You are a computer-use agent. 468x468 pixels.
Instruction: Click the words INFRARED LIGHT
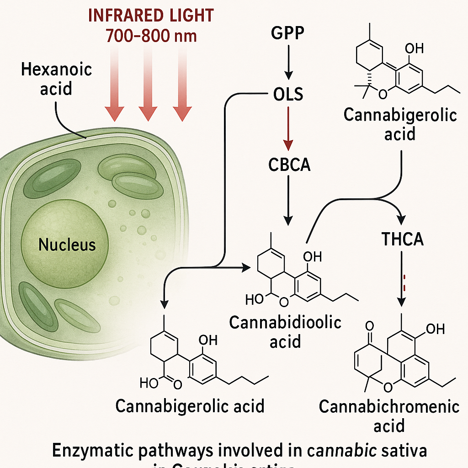[150, 16]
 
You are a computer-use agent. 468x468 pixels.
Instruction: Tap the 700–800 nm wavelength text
[151, 36]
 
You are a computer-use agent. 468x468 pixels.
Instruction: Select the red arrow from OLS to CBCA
[287, 128]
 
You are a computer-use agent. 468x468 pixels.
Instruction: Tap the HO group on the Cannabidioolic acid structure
[255, 300]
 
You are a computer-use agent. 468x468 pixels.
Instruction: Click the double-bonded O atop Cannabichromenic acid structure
[370, 326]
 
